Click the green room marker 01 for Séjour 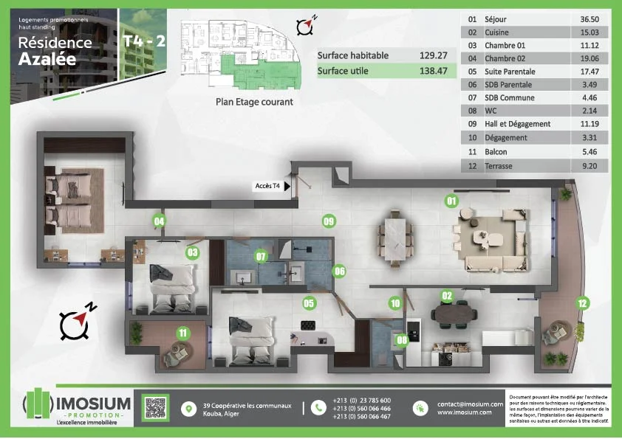click(451, 200)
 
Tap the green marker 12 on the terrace click(582, 302)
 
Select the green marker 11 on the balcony click(182, 333)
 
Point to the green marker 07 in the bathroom click(261, 257)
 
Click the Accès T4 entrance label click(267, 186)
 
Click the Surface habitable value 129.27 click(434, 55)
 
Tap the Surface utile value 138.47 click(434, 72)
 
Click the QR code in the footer click(155, 407)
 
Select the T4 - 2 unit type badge click(145, 41)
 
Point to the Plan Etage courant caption click(254, 102)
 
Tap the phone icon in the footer click(318, 407)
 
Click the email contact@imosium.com click(470, 404)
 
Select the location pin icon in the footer click(191, 408)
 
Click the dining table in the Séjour click(394, 238)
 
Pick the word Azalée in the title click(47, 60)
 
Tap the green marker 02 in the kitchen click(447, 296)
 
